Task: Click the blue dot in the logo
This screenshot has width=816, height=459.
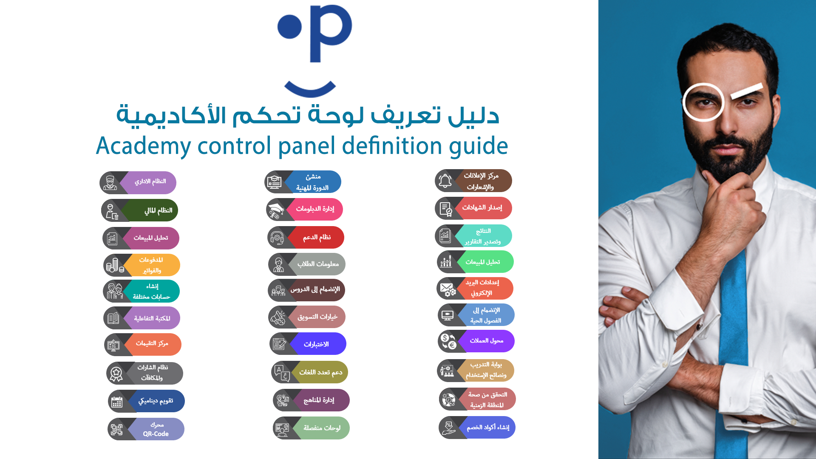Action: click(x=289, y=26)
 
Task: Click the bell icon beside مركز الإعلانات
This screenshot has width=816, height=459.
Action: click(x=445, y=181)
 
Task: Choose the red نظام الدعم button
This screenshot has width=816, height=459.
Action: click(x=316, y=238)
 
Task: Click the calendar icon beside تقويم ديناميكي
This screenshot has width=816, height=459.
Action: click(x=116, y=402)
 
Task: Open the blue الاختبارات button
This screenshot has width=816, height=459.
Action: click(x=318, y=344)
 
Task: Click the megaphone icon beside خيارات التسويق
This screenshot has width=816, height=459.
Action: click(x=278, y=317)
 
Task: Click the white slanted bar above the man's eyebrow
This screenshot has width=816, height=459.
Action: click(x=747, y=91)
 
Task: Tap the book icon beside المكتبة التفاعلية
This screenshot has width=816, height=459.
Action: click(x=113, y=318)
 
